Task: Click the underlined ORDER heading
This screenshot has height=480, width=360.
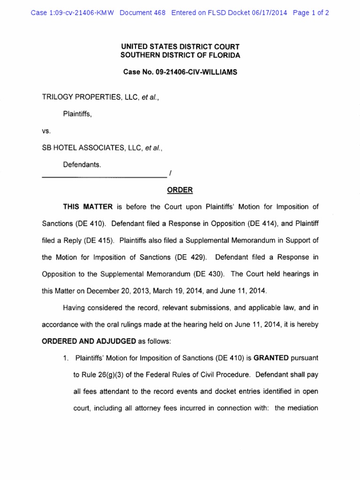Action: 180,190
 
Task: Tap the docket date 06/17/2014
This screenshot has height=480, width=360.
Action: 269,13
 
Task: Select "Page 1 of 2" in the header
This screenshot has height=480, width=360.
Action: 311,13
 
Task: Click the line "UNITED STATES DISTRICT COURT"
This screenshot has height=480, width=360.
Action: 180,47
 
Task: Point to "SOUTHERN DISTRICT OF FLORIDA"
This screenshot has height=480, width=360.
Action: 180,55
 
